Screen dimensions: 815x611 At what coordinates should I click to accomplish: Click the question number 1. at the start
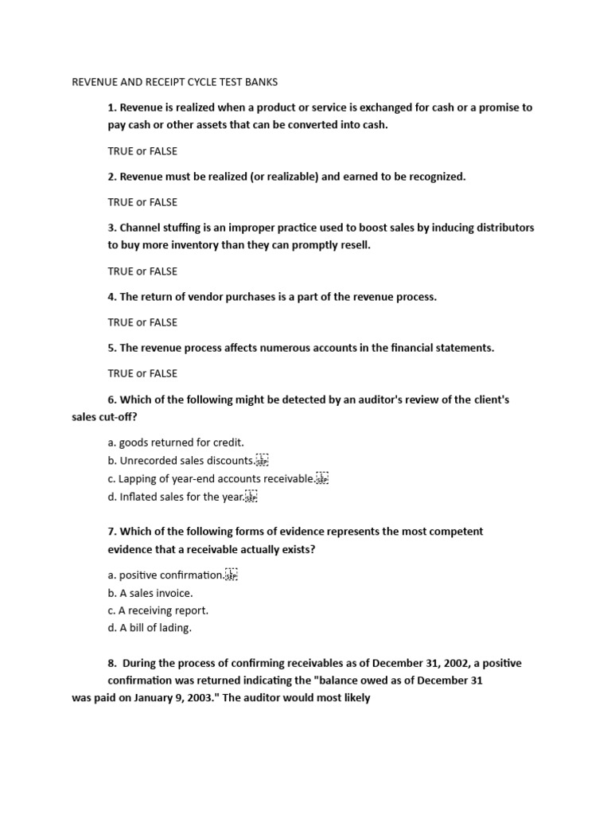click(x=112, y=107)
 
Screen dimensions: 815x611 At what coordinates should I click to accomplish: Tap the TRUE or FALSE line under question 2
click(x=142, y=202)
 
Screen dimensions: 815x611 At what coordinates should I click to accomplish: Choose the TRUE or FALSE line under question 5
click(x=142, y=373)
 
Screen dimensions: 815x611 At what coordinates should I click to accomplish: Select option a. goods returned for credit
click(x=176, y=443)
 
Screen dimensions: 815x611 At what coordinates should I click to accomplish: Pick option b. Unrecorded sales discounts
click(x=181, y=461)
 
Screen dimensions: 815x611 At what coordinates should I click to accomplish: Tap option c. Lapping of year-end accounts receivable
click(x=211, y=479)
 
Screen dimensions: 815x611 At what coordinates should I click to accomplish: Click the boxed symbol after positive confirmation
click(x=232, y=575)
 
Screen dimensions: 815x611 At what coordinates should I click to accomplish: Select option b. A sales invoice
click(x=150, y=593)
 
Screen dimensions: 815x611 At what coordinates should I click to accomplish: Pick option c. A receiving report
click(x=158, y=610)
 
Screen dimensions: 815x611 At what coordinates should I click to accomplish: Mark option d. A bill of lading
click(x=150, y=628)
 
